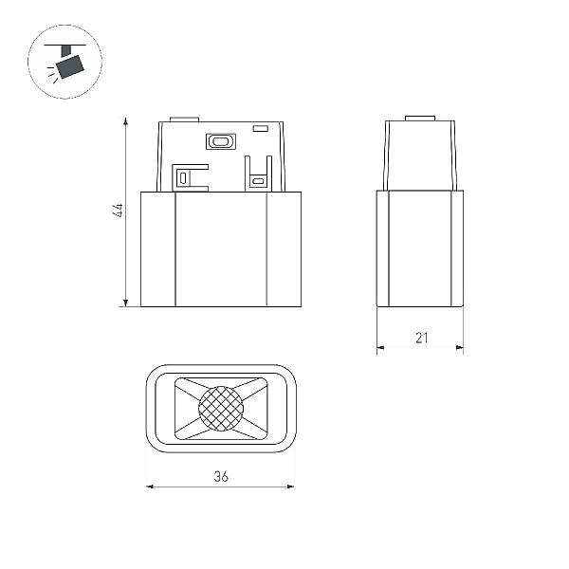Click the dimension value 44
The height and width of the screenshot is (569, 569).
click(118, 211)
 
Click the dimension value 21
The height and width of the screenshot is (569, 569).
click(422, 338)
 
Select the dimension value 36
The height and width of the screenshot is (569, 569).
click(221, 476)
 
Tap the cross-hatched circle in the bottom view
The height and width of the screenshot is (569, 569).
click(221, 408)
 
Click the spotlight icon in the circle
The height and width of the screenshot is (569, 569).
click(65, 62)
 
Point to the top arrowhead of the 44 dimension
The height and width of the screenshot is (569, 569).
click(125, 121)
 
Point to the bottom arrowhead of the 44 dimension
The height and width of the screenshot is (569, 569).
click(125, 303)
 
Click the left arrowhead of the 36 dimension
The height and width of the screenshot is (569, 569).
click(151, 486)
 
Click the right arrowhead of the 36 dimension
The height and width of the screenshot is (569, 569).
click(290, 486)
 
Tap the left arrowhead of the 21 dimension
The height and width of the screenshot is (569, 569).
click(380, 348)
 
